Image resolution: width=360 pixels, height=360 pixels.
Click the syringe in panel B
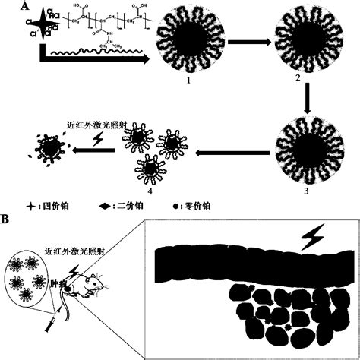tap(47, 325)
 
